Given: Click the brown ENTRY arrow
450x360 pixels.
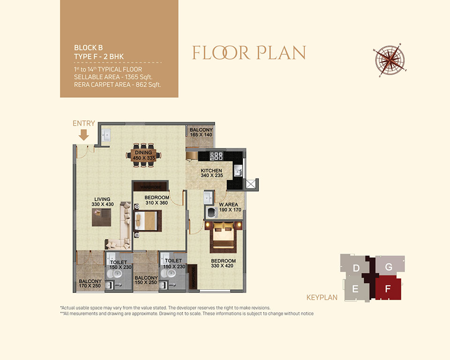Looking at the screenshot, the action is pyautogui.click(x=84, y=135).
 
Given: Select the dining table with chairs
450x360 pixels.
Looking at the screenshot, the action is pyautogui.click(x=143, y=155).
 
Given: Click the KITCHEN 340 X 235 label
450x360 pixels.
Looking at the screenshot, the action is pyautogui.click(x=211, y=173).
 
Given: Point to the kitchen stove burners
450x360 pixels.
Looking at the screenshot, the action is pyautogui.click(x=216, y=156).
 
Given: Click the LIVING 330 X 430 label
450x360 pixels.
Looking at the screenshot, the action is pyautogui.click(x=103, y=202).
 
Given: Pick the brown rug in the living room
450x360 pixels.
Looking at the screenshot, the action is pyautogui.click(x=101, y=217).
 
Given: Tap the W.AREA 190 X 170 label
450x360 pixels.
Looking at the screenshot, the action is pyautogui.click(x=230, y=207).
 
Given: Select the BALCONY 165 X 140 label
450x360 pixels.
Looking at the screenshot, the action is pyautogui.click(x=201, y=132).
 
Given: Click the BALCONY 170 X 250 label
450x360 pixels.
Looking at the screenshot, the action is pyautogui.click(x=90, y=283).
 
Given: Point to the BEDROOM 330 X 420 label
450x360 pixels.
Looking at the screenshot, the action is pyautogui.click(x=223, y=263).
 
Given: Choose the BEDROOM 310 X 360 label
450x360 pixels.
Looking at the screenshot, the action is pyautogui.click(x=157, y=200).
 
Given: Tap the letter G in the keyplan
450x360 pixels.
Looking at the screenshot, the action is pyautogui.click(x=389, y=267).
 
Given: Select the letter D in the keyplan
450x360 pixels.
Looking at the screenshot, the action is pyautogui.click(x=356, y=268).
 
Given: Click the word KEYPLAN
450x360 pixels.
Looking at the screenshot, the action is pyautogui.click(x=322, y=297).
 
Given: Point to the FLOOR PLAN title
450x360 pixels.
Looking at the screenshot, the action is pyautogui.click(x=249, y=52).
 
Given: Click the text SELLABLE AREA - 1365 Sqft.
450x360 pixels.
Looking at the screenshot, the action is pyautogui.click(x=113, y=77).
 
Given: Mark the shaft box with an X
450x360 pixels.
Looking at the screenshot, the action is pyautogui.click(x=250, y=184).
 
